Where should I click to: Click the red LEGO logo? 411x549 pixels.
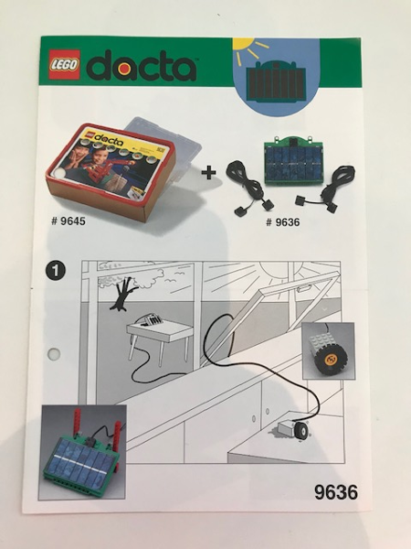tap(65, 64)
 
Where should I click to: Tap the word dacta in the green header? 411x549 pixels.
tap(142, 66)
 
